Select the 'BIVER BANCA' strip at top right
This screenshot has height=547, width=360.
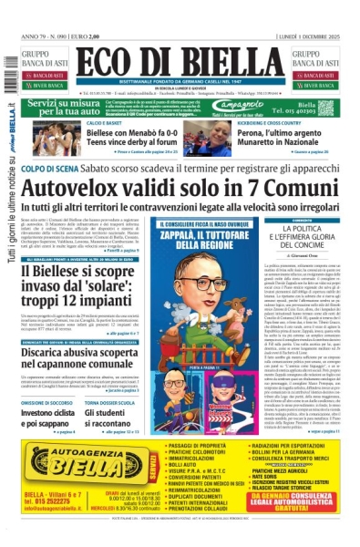314,92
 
